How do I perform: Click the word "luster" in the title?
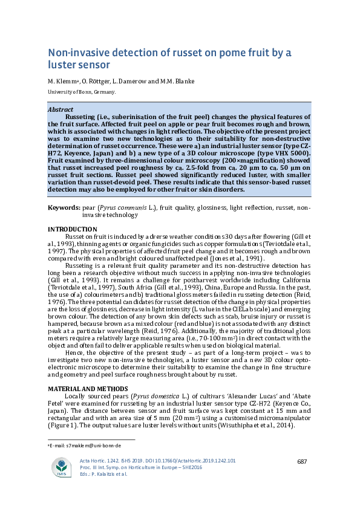tap(64, 64)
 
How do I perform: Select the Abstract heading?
tap(60, 110)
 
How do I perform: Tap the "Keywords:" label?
tap(63, 207)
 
